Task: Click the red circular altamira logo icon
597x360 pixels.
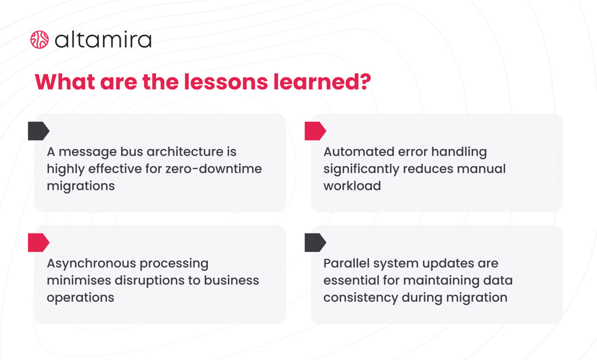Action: point(39,40)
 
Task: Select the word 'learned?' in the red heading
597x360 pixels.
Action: point(322,82)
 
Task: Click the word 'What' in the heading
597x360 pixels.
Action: point(65,82)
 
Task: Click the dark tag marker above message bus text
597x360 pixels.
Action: point(38,131)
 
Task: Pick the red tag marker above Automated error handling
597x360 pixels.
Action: point(315,131)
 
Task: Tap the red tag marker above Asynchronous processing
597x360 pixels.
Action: point(38,242)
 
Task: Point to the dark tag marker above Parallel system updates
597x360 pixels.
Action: point(315,242)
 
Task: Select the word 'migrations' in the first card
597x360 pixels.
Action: point(81,186)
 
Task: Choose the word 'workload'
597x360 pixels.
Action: point(352,186)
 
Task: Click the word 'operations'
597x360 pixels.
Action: point(80,298)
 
